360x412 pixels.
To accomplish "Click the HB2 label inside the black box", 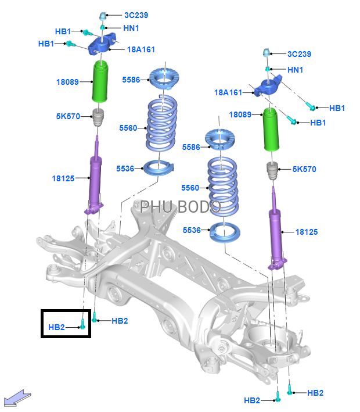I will coord(56,328).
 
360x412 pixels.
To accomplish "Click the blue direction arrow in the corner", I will coord(17,397).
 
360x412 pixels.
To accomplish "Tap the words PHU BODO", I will coord(181,207).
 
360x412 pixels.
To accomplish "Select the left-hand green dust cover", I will coord(99,83).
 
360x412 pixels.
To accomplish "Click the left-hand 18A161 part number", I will coord(141,50).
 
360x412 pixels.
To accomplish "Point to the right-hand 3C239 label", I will coord(299,54).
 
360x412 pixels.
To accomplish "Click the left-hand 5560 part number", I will coord(127,128).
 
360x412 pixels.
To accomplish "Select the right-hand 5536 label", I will coord(192,230).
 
